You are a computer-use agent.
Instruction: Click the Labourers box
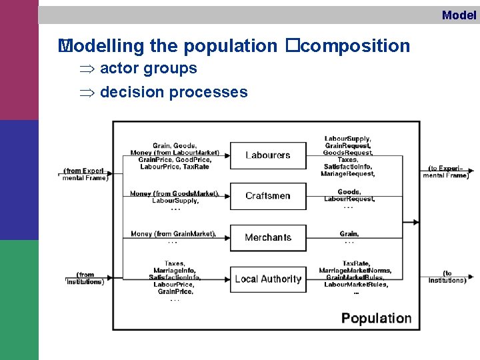(268, 155)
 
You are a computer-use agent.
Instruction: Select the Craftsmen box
(268, 196)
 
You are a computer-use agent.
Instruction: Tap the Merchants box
(268, 237)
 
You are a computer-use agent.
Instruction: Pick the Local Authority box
(268, 279)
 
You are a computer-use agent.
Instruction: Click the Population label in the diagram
(376, 318)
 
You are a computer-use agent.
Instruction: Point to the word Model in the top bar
(459, 15)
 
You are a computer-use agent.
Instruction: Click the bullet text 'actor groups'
(148, 68)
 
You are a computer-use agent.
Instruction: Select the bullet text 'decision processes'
(173, 92)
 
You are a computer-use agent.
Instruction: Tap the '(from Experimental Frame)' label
(85, 175)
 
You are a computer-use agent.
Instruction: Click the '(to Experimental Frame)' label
(446, 171)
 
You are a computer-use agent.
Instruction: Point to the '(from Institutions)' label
(85, 278)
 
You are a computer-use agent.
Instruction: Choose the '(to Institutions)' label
(447, 277)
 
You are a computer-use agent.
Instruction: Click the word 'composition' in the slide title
(360, 46)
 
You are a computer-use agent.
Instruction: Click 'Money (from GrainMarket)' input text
(173, 234)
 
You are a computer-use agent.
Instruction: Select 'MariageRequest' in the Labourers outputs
(348, 174)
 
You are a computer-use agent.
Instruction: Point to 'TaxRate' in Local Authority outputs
(355, 263)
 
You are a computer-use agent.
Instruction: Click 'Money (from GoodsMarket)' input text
(174, 193)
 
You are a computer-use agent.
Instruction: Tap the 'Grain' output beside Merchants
(349, 234)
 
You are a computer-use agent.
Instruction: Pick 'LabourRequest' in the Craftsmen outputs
(349, 199)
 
